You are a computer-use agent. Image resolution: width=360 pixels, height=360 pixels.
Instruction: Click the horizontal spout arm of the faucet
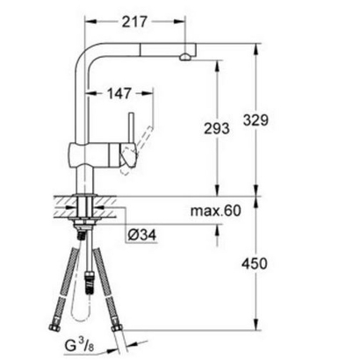tap(132, 49)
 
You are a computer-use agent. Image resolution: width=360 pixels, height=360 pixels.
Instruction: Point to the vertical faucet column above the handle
tap(80, 97)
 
